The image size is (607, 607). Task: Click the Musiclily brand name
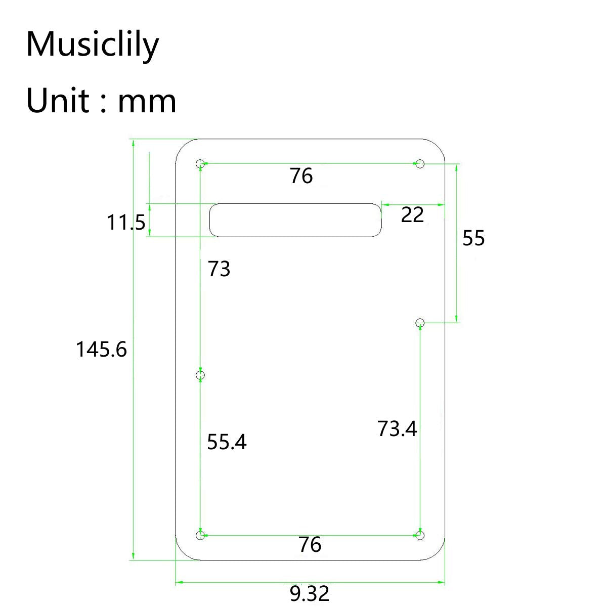pyautogui.click(x=92, y=45)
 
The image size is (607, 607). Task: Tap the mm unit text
pyautogui.click(x=147, y=101)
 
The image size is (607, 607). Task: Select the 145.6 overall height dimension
pyautogui.click(x=101, y=350)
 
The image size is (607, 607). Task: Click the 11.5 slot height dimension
pyautogui.click(x=126, y=222)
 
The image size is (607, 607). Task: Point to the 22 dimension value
pyautogui.click(x=412, y=215)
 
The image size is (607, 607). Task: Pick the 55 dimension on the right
pyautogui.click(x=473, y=238)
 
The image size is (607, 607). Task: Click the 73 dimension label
pyautogui.click(x=219, y=269)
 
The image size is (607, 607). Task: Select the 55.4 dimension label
pyautogui.click(x=227, y=442)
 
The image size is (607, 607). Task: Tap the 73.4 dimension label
pyautogui.click(x=397, y=429)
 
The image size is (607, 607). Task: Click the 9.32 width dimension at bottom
pyautogui.click(x=310, y=593)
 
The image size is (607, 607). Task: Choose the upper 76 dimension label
pyautogui.click(x=301, y=176)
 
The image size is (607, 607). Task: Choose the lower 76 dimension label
pyautogui.click(x=310, y=545)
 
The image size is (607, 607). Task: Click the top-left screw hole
pyautogui.click(x=200, y=163)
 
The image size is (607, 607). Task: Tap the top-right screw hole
pyautogui.click(x=419, y=163)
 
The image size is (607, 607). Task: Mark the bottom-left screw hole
pyautogui.click(x=200, y=535)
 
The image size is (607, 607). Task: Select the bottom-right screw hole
pyautogui.click(x=419, y=535)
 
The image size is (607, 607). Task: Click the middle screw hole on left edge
pyautogui.click(x=200, y=375)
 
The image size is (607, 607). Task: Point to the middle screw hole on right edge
pyautogui.click(x=419, y=322)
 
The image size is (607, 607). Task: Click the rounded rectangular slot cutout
pyautogui.click(x=296, y=220)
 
